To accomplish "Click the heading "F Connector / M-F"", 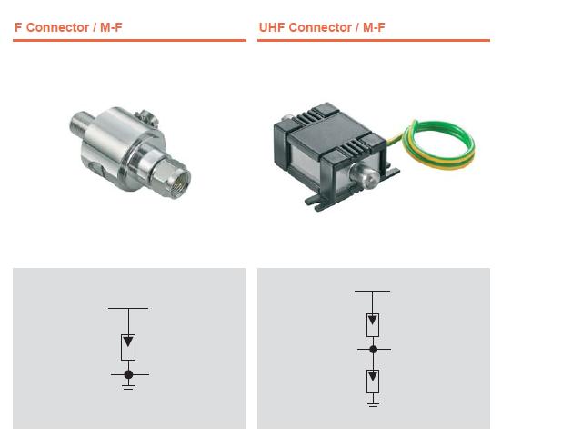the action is (x=68, y=27).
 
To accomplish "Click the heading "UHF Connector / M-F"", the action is (x=322, y=27).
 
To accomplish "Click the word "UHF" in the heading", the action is (x=272, y=27).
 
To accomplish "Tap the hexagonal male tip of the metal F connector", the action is (x=172, y=178).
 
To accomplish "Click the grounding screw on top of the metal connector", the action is (x=147, y=118).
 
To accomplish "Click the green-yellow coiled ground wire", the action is (x=438, y=144).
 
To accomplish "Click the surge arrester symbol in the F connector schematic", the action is (x=128, y=347).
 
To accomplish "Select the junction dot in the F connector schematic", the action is (x=128, y=374).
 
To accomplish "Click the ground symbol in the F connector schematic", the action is (x=128, y=387).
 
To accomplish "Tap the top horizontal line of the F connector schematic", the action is (x=128, y=308).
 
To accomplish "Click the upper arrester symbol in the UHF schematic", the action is (x=373, y=325).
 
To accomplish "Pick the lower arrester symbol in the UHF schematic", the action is (x=373, y=381).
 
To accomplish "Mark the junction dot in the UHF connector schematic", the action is (x=374, y=349).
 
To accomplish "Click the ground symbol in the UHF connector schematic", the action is (x=374, y=404).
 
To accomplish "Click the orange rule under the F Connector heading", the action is (x=129, y=40).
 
